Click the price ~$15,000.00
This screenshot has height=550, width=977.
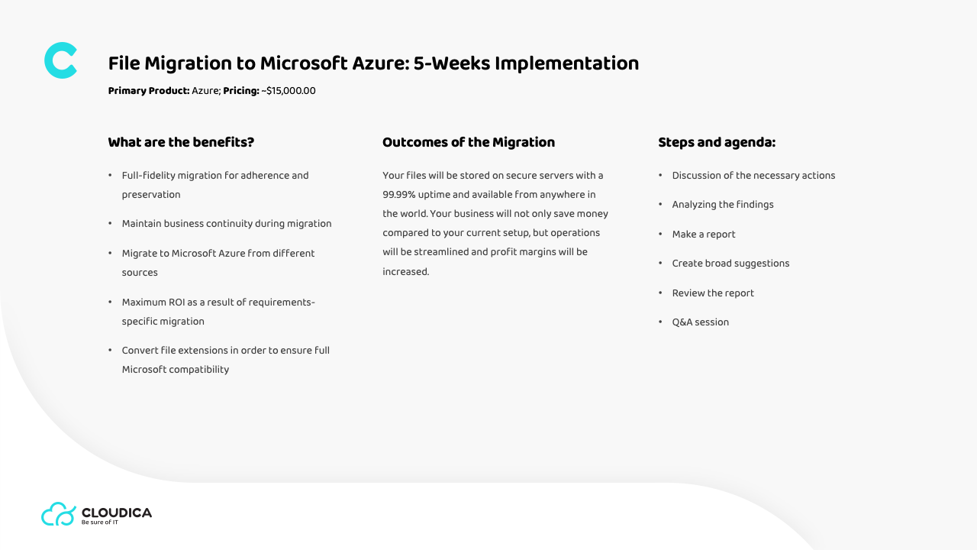pos(289,91)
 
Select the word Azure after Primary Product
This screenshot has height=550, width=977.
pos(206,91)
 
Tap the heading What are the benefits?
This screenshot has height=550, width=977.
pos(181,142)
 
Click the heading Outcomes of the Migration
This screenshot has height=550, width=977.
pos(469,142)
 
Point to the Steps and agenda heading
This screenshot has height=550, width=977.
pos(717,142)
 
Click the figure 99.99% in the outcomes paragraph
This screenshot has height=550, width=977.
pos(398,195)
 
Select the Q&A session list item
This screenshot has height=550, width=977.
pos(700,322)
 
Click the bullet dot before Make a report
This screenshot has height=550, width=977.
pos(660,234)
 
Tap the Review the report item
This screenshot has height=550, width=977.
pos(713,293)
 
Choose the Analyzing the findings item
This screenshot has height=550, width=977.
pos(723,205)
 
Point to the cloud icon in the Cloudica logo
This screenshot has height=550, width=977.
pos(59,514)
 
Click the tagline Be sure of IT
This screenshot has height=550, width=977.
pos(99,522)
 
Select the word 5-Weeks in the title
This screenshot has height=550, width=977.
pos(451,63)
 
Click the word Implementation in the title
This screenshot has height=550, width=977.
pos(566,63)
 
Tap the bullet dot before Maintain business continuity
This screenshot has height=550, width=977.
pos(110,224)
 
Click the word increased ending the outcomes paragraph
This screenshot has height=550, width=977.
pos(405,271)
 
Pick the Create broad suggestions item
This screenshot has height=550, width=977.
pos(730,264)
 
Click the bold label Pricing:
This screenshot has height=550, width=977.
pos(241,91)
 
